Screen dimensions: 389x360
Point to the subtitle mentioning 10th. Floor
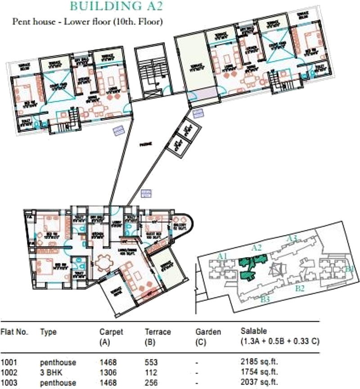(x=87, y=22)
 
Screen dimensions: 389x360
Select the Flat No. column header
(x=15, y=332)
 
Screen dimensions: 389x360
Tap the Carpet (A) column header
(x=111, y=336)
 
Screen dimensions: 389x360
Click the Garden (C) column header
(x=208, y=336)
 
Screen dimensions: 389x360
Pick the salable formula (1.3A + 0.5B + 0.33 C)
(x=280, y=341)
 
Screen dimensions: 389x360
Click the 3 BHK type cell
(x=50, y=371)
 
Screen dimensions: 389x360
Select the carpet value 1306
(x=108, y=371)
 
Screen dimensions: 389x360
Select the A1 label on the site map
(x=221, y=256)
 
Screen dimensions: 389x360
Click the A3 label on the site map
(x=293, y=237)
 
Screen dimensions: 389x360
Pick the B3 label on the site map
(x=265, y=298)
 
